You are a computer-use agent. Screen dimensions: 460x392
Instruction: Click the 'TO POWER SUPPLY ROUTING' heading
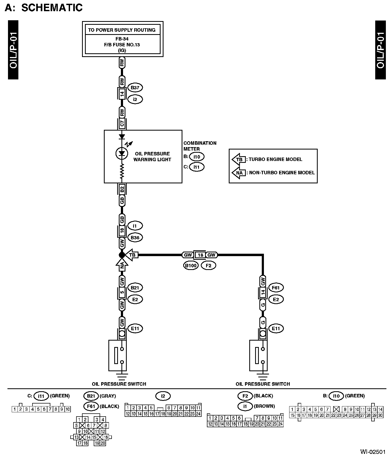(x=122, y=30)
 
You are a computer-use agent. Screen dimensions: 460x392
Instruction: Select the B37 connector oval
(x=135, y=87)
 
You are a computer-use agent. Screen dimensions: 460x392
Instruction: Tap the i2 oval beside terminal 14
(x=135, y=99)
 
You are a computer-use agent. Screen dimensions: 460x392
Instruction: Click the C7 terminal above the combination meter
(x=122, y=123)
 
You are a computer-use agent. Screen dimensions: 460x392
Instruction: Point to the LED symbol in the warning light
(x=122, y=153)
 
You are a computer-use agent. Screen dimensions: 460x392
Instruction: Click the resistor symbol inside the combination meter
(x=122, y=171)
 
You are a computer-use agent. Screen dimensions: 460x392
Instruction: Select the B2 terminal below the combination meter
(x=122, y=189)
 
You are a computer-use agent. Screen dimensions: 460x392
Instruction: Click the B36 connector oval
(x=135, y=237)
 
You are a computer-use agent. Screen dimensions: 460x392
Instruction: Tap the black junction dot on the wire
(x=122, y=255)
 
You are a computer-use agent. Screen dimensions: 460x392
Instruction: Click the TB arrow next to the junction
(x=131, y=255)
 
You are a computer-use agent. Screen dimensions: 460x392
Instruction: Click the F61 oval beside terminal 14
(x=276, y=288)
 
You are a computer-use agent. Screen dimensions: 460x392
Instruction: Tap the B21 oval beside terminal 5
(x=135, y=288)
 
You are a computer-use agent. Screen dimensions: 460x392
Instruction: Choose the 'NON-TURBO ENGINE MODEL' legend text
(x=282, y=173)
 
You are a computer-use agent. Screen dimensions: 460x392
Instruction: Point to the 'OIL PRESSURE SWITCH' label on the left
(x=119, y=384)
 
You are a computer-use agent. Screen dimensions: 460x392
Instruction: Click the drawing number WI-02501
(x=373, y=452)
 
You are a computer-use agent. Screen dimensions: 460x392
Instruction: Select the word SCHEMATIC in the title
(x=52, y=7)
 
